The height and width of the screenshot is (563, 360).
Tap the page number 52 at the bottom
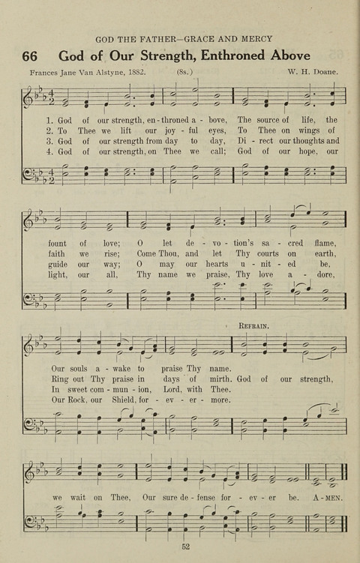point(185,547)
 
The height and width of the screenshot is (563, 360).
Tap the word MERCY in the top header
point(255,38)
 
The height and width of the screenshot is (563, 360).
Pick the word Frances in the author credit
point(48,73)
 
